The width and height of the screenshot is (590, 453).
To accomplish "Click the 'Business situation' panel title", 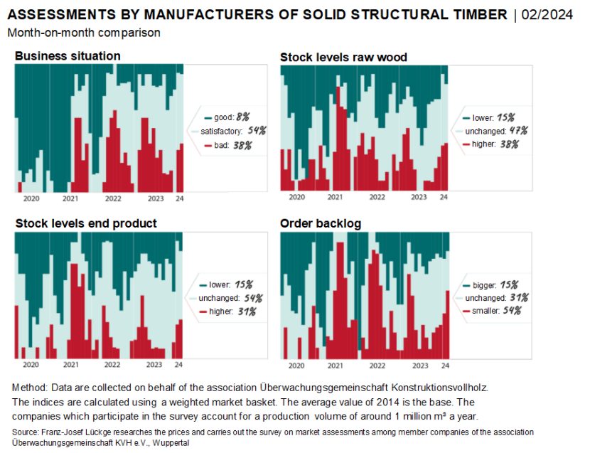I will pyautogui.click(x=68, y=55).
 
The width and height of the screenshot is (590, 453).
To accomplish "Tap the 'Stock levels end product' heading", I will pyautogui.click(x=86, y=223).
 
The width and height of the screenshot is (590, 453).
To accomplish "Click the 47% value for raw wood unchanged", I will pyautogui.click(x=507, y=131).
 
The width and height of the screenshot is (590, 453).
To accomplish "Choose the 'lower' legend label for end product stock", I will pyautogui.click(x=221, y=284).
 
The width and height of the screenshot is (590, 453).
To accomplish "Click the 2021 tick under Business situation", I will pyautogui.click(x=70, y=198).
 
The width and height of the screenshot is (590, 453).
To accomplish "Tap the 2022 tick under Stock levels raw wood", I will pyautogui.click(x=377, y=197).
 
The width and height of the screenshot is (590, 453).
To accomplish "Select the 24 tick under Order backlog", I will pyautogui.click(x=445, y=366).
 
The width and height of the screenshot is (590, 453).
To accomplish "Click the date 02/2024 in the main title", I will pyautogui.click(x=547, y=15).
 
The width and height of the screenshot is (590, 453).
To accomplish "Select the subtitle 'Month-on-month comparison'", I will pyautogui.click(x=84, y=33).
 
